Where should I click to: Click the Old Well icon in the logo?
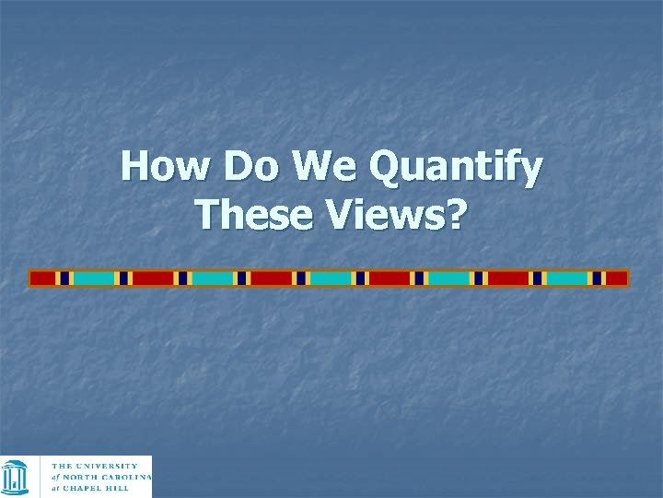(16, 477)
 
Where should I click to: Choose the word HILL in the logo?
(122, 489)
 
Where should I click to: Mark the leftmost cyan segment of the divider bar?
(93, 278)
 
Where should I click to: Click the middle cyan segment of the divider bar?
(331, 278)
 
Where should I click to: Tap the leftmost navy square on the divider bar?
(64, 278)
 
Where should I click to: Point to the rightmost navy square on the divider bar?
(597, 278)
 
